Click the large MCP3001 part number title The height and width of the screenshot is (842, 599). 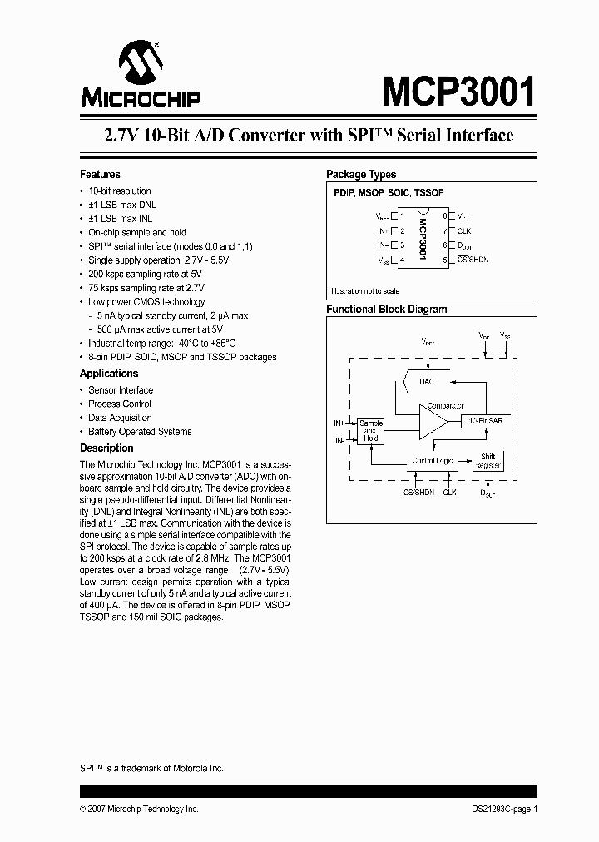(x=458, y=92)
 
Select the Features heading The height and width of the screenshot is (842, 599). (x=100, y=175)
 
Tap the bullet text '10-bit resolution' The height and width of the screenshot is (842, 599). (x=120, y=191)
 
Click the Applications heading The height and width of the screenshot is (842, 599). (x=109, y=374)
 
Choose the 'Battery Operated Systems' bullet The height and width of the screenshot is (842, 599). (x=140, y=432)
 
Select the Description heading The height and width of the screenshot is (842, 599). (x=106, y=448)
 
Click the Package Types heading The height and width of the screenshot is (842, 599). (x=361, y=175)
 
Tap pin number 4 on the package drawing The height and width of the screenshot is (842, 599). (x=403, y=260)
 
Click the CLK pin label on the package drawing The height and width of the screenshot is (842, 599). (x=464, y=230)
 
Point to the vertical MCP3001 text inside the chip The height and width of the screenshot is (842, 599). (x=423, y=238)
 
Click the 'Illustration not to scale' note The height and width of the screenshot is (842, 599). (x=365, y=291)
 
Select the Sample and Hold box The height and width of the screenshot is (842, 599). (x=370, y=430)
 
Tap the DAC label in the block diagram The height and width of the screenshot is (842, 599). (x=427, y=381)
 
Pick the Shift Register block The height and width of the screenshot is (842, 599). (x=488, y=461)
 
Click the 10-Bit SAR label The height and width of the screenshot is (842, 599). (x=485, y=421)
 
